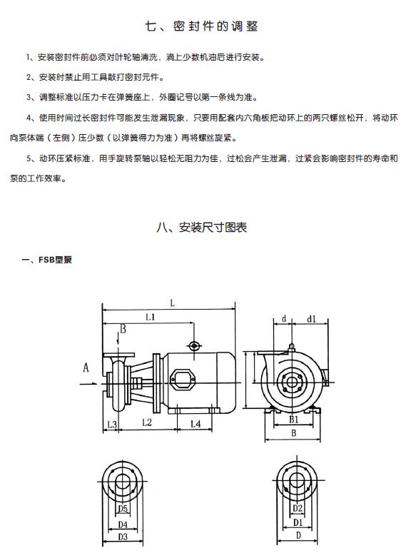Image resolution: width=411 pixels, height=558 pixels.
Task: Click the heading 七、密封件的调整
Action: pos(201,26)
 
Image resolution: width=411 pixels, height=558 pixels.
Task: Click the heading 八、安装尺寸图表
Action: pos(201,227)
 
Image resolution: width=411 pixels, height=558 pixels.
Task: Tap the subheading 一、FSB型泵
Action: pos(46,260)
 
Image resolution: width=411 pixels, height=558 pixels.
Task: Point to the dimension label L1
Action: pos(150,317)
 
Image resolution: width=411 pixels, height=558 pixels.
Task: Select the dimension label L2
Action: pos(146,422)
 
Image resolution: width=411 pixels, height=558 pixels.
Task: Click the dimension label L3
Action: pos(112,424)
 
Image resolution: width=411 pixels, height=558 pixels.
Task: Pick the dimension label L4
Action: pos(196,423)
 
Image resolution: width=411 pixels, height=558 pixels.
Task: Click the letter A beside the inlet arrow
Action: pos(86,367)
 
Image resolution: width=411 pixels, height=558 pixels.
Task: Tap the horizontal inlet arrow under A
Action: pos(88,384)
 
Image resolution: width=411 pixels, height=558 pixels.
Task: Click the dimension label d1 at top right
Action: pos(311,319)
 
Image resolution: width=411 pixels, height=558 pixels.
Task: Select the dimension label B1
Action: pos(293,420)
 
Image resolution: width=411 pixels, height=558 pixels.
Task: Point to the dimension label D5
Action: pos(123,509)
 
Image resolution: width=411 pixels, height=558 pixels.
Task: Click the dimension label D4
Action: pos(123,524)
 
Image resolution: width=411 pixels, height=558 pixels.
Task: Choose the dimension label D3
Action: pos(123,537)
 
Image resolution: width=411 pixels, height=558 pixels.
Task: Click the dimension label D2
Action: pos(297,508)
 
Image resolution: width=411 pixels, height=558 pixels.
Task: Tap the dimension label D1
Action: pos(298,522)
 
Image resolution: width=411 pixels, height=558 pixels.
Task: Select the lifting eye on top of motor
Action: pos(194,345)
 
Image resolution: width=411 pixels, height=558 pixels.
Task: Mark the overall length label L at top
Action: pos(172,303)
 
